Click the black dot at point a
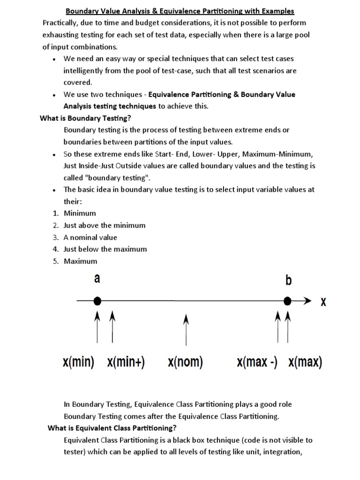(x=97, y=300)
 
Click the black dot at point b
(x=288, y=300)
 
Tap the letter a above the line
(x=97, y=278)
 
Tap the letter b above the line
(x=288, y=280)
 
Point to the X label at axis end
(x=323, y=302)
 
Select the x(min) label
(x=78, y=362)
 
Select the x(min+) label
(x=126, y=362)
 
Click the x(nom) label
(x=185, y=362)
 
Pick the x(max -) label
(x=257, y=362)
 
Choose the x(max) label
(x=305, y=362)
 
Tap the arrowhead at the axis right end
(x=307, y=300)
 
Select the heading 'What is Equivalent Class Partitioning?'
(x=112, y=428)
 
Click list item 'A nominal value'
(x=90, y=237)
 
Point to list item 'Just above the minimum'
(x=105, y=225)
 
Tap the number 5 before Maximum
(x=55, y=261)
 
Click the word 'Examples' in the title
(x=278, y=11)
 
